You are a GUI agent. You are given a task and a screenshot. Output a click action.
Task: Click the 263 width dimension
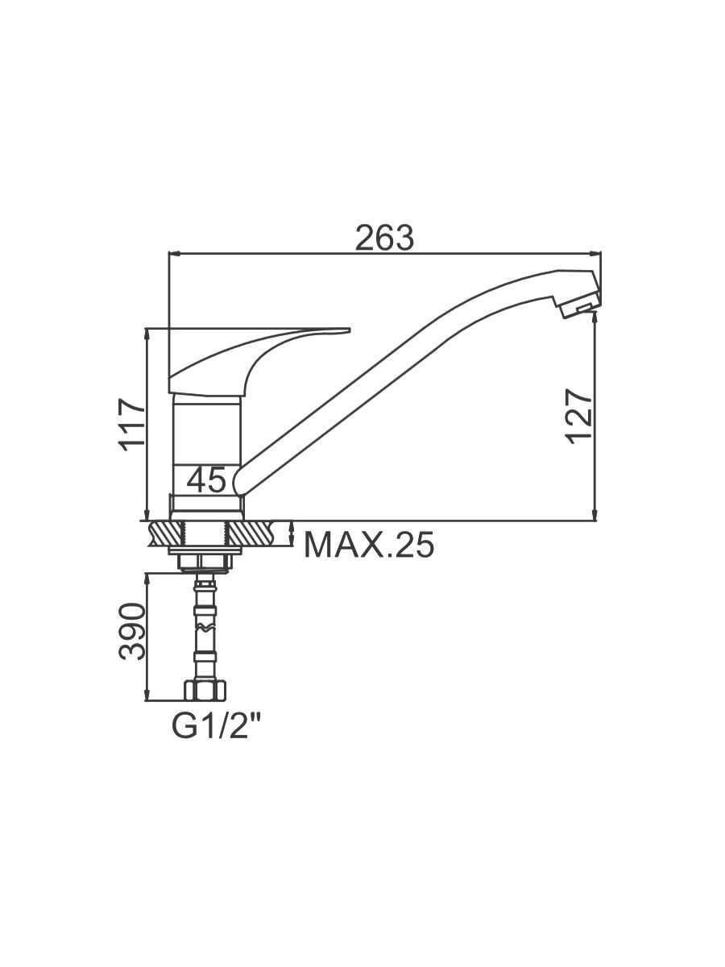click(384, 238)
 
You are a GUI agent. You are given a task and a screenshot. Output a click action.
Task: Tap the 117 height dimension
click(132, 425)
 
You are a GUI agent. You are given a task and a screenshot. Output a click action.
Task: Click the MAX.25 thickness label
click(369, 545)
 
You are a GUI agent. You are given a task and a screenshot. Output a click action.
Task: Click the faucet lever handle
click(246, 358)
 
